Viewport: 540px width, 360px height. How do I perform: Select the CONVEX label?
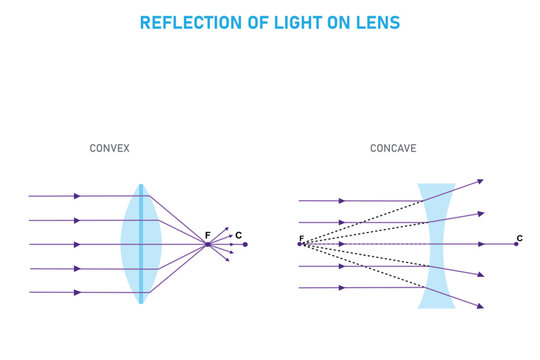click(x=110, y=148)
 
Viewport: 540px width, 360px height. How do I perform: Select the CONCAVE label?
click(x=393, y=148)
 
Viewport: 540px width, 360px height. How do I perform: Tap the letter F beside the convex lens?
click(x=207, y=235)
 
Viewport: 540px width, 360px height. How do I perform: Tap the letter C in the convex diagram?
click(x=238, y=235)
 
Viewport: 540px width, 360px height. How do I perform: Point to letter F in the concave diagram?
click(x=300, y=237)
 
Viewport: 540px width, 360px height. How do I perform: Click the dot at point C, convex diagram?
click(x=245, y=244)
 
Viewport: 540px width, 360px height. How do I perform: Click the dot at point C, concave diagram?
click(x=516, y=244)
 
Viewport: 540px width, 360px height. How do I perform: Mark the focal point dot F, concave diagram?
click(x=299, y=244)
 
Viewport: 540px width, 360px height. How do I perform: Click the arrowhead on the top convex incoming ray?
click(x=77, y=196)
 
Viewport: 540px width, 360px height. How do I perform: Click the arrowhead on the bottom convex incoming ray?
click(x=77, y=292)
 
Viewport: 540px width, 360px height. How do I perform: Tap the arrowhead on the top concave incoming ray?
click(x=342, y=200)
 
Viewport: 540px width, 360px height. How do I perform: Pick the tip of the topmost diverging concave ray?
click(x=482, y=180)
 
